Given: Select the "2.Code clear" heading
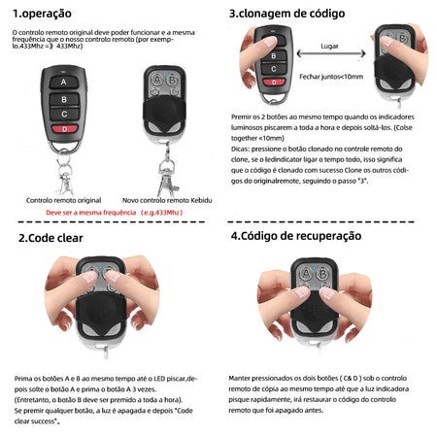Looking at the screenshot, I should pos(50,237).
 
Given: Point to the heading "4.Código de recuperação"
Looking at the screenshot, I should pos(295,236).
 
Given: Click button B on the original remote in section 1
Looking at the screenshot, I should pos(65,98).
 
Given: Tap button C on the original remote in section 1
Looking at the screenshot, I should pos(65,113).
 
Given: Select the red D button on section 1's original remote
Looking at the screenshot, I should pos(65,127).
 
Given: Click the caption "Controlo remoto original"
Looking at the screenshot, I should pos(64,198).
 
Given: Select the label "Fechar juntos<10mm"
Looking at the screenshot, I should pos(331,75).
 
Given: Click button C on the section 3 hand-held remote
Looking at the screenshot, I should pos(275,69).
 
